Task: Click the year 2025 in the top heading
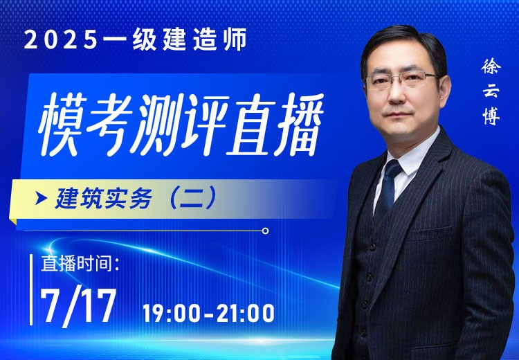pos(58,39)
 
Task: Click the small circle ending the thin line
pos(265,231)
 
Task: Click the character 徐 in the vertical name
pos(492,67)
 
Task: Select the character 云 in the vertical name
pos(492,92)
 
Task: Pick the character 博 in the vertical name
pos(492,118)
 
